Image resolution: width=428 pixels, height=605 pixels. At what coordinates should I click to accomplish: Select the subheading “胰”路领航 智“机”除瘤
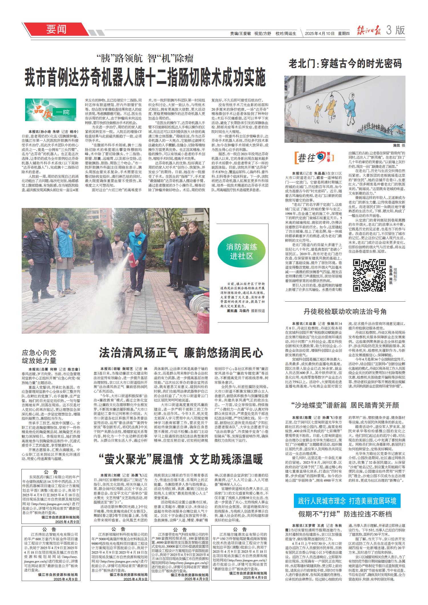click(145, 58)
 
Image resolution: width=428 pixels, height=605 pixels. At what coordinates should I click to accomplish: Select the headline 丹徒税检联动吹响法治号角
click(345, 311)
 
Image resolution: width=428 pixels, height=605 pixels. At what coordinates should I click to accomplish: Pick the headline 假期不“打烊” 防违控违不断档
click(345, 514)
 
